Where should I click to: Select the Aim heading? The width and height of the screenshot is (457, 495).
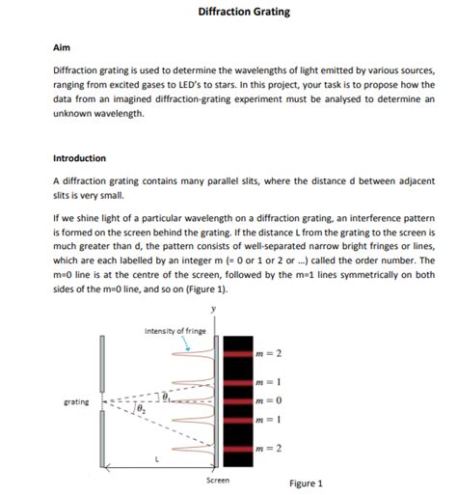point(61,46)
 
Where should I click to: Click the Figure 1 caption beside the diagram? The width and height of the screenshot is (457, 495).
point(306,483)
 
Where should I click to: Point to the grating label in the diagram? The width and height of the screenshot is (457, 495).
point(77,399)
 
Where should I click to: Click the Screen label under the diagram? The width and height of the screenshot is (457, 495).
point(218,480)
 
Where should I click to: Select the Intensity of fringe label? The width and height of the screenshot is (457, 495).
point(173,331)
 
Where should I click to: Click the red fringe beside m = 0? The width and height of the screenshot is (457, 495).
point(237,400)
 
